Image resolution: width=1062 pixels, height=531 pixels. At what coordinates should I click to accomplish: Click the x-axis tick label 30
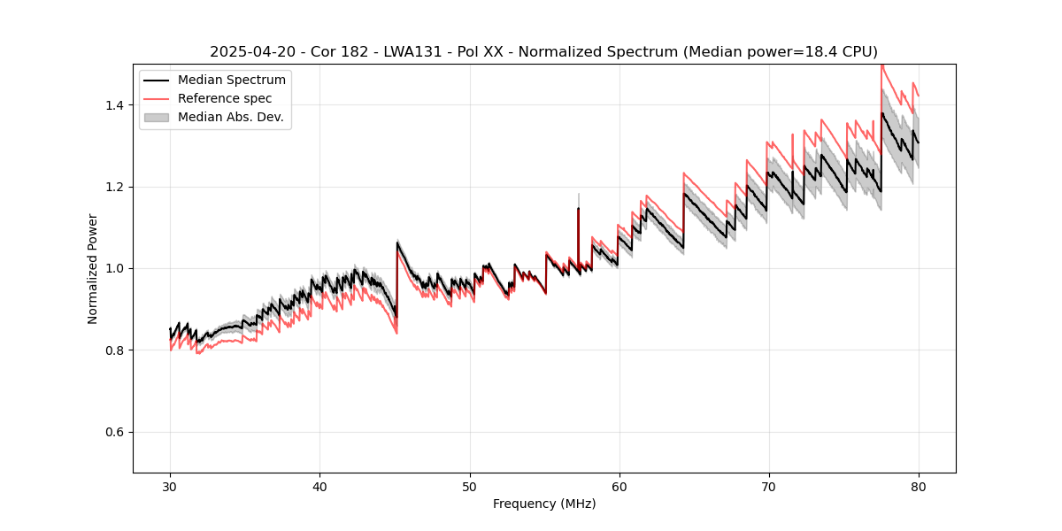click(x=170, y=487)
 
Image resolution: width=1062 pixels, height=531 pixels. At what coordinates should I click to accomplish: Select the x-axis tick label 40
click(x=319, y=487)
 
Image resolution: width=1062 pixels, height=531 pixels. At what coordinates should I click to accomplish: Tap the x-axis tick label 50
click(x=469, y=487)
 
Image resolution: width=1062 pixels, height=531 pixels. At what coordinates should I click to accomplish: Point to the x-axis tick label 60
click(x=619, y=487)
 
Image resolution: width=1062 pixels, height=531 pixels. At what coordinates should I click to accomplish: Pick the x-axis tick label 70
click(x=768, y=487)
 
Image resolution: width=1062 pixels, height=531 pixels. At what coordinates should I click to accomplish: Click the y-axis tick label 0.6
click(x=114, y=432)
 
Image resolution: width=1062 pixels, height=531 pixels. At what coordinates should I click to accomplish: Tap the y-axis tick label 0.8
click(x=114, y=350)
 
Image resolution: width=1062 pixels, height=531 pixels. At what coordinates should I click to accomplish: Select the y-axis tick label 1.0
click(x=114, y=268)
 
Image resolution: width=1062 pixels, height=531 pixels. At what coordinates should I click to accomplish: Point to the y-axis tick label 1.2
click(x=114, y=187)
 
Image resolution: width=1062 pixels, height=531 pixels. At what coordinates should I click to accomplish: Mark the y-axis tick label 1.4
click(x=114, y=105)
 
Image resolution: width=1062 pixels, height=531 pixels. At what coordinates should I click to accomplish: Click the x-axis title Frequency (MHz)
click(x=544, y=504)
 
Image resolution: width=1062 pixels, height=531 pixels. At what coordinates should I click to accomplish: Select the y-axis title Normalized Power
click(x=93, y=268)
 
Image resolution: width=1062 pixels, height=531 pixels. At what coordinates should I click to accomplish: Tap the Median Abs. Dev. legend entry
click(x=230, y=117)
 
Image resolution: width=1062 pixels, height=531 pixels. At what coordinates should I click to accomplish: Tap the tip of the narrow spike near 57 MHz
click(x=579, y=194)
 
